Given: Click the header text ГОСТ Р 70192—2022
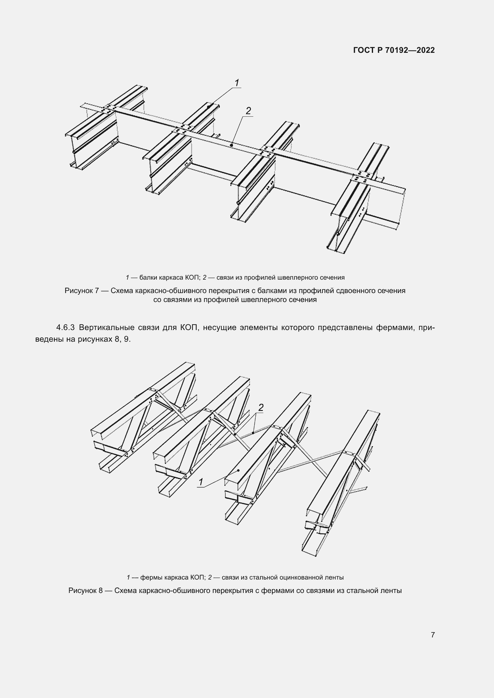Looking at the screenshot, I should pos(394,50).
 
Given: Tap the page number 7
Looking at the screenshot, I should pos(432,635).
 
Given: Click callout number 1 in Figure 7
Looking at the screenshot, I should pos(237,83).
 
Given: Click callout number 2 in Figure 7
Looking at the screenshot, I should pos(248,111).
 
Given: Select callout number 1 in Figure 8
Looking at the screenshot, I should pos(201,482).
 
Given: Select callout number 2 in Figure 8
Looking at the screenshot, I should pos(261,407).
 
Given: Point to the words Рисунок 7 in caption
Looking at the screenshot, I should pos(82,291).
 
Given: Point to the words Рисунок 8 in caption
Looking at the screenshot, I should pos(85,590).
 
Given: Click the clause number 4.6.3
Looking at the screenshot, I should pos(65,328).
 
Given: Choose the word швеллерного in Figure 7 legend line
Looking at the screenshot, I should pos(300,278).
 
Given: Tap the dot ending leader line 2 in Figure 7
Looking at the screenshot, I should pos(231,145).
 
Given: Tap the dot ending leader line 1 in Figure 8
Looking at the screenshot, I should pos(238,470).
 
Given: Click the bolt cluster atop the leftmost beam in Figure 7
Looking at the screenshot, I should pos(109,109).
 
